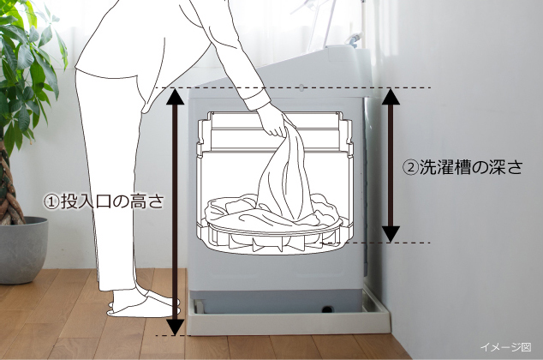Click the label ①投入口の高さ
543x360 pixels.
point(104,201)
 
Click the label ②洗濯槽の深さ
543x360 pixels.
point(462,167)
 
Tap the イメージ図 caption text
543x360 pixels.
point(505,346)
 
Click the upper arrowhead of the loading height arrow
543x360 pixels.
point(176,96)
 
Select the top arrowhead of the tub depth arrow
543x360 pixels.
point(391,96)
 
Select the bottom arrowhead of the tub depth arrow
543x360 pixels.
point(391,234)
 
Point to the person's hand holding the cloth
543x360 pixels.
point(273,120)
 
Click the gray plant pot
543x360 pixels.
point(23,250)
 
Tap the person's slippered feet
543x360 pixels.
point(143,304)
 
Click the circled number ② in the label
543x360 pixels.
point(410,167)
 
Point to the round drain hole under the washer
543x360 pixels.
point(327,309)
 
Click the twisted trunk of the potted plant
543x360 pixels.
point(9,180)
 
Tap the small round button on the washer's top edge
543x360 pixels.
point(301,88)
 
